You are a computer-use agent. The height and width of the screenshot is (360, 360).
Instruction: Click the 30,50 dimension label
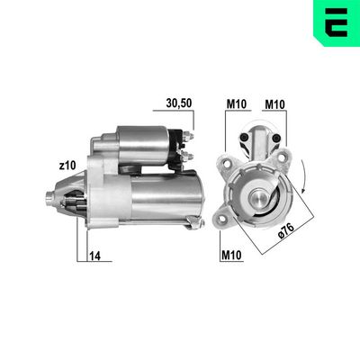179,103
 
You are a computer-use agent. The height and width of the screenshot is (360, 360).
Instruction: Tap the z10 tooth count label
67,166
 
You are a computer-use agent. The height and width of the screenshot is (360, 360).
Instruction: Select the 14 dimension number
94,256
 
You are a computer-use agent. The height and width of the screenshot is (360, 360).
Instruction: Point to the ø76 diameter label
286,230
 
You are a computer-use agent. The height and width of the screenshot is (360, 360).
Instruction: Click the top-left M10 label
237,104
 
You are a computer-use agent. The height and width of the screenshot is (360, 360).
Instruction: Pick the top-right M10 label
274,104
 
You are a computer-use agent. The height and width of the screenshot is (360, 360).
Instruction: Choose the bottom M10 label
231,255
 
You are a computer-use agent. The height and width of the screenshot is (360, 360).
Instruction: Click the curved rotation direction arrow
304,177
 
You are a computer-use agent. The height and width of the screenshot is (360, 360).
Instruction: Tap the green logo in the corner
337,22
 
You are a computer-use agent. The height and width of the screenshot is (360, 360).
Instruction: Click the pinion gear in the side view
76,203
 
